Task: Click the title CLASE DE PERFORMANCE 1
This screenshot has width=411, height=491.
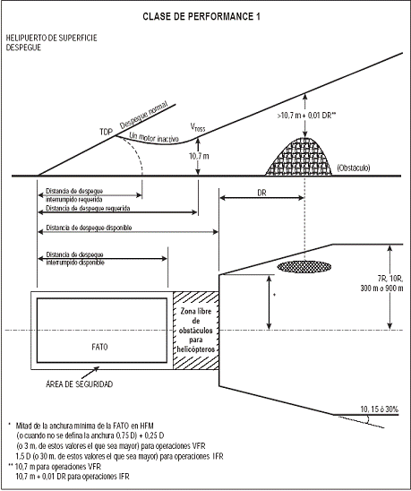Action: click(x=201, y=17)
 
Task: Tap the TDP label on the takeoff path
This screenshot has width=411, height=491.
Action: click(x=106, y=132)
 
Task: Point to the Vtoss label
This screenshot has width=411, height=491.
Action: click(x=198, y=127)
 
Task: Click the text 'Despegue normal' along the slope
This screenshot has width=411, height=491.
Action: click(x=144, y=115)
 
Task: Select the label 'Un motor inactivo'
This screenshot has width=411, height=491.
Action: click(x=154, y=137)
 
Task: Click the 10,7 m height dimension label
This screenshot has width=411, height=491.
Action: click(x=199, y=156)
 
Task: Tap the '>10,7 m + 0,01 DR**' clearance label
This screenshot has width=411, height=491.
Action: click(x=306, y=116)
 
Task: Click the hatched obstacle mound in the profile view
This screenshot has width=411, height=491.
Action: click(x=299, y=157)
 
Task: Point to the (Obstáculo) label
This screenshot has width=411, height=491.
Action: click(x=354, y=168)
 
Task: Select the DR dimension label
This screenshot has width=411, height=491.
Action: click(x=261, y=193)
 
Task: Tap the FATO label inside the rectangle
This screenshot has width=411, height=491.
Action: click(x=99, y=347)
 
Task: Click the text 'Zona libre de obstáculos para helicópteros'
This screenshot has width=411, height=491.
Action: click(x=195, y=330)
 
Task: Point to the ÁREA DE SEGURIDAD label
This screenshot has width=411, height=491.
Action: click(x=79, y=383)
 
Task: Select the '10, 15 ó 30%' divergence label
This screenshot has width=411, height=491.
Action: click(x=380, y=409)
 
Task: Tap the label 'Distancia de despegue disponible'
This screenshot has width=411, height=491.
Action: click(x=89, y=228)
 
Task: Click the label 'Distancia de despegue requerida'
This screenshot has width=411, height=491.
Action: click(x=88, y=208)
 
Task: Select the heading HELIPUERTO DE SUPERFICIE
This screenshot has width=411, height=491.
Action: click(x=52, y=38)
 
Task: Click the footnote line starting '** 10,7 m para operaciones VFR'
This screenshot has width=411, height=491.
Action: click(x=55, y=467)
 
